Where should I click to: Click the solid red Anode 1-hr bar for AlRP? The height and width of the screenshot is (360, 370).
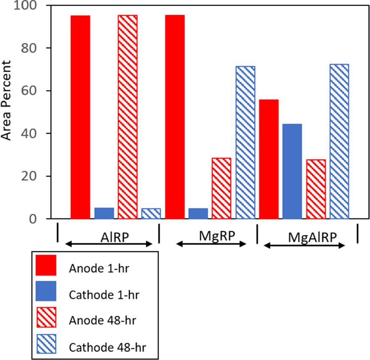point(80,117)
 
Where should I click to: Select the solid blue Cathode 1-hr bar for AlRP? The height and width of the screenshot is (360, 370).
point(104,213)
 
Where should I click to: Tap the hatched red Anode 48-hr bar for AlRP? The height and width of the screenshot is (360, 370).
point(128,117)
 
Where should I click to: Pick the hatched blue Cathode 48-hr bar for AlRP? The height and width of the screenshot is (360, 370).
point(151,214)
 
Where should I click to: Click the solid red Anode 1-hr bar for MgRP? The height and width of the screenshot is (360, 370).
point(174,117)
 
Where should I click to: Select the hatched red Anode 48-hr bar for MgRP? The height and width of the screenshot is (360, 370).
point(221,188)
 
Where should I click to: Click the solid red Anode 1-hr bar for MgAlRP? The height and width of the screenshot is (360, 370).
point(269,159)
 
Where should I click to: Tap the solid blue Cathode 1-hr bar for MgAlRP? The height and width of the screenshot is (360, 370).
point(292,172)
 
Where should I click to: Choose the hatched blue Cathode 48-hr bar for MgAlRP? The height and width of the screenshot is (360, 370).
point(339,141)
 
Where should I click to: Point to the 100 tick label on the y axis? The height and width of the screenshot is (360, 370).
point(26,6)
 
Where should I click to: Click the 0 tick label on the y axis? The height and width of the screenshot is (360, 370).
point(35,219)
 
